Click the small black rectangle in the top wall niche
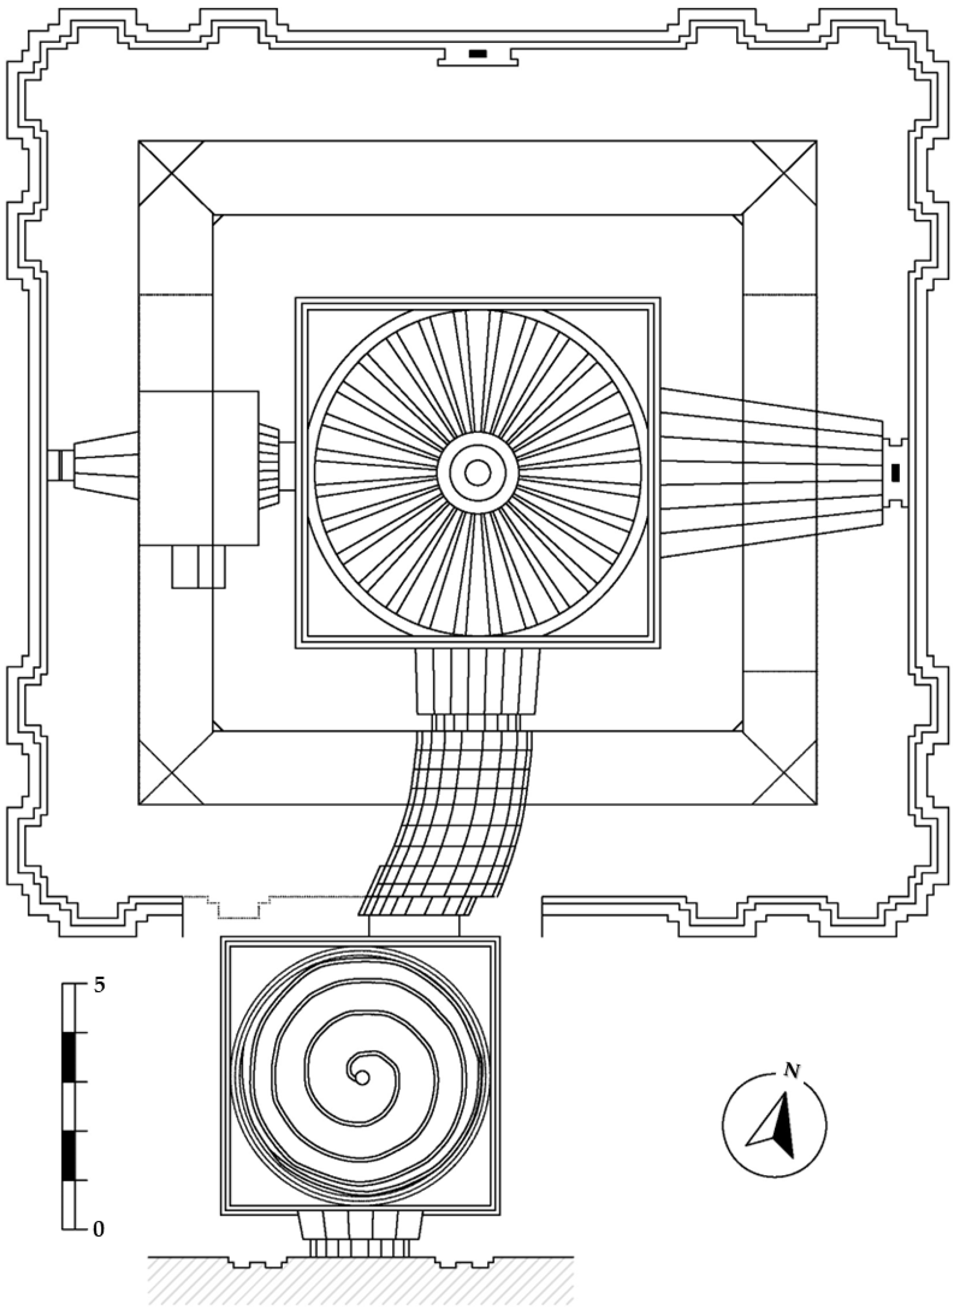pyautogui.click(x=478, y=54)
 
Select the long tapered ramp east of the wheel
pyautogui.click(x=771, y=473)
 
